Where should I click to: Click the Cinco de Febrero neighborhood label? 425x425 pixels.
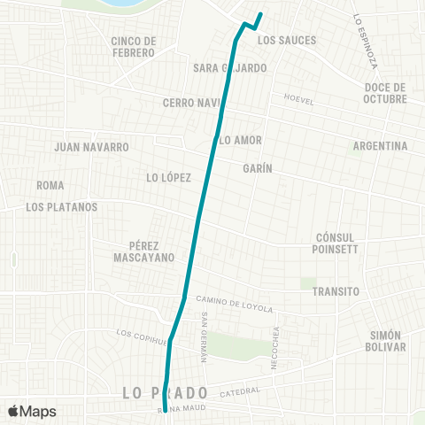click(135, 46)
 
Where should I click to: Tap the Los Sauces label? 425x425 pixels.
click(287, 41)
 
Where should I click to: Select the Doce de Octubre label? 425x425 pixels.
click(385, 93)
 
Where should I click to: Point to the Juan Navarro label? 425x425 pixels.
click(92, 146)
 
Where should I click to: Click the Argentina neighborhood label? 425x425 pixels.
click(379, 146)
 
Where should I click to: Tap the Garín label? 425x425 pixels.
click(257, 168)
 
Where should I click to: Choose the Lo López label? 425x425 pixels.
click(169, 178)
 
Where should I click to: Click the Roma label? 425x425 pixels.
click(50, 186)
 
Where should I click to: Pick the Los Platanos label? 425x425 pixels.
click(62, 207)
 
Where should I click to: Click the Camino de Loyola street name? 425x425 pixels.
click(235, 304)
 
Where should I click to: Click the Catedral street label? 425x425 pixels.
click(240, 391)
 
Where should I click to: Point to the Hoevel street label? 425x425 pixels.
click(298, 100)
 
